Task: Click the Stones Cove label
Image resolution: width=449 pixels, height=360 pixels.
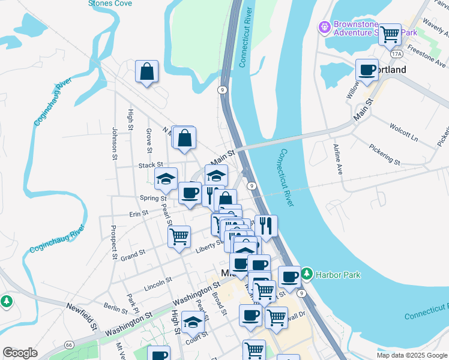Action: (110, 4)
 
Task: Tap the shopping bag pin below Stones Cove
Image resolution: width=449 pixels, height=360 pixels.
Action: (147, 73)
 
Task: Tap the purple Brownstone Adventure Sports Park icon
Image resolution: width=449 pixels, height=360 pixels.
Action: (324, 27)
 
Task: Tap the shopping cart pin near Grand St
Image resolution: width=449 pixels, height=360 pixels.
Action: (179, 237)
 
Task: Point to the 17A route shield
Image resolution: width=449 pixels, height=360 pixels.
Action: (396, 54)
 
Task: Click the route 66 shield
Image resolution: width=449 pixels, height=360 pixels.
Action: (69, 345)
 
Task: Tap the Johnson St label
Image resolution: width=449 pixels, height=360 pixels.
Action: (114, 143)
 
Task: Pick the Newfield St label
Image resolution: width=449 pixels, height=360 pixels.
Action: (82, 317)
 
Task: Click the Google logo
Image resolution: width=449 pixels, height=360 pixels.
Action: (20, 353)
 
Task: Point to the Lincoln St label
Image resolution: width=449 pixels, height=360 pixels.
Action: (158, 280)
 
